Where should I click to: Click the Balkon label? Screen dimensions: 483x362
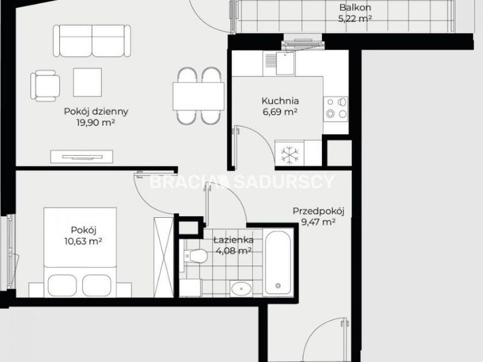[355, 7]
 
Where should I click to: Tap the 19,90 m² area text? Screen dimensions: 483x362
[96, 122]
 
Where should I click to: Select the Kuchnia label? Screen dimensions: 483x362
[280, 101]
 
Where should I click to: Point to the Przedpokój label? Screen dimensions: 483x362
[318, 211]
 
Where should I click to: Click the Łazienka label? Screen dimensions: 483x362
[234, 240]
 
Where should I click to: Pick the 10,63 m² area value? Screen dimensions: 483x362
[83, 241]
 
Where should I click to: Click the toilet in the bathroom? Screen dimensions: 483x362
[195, 256]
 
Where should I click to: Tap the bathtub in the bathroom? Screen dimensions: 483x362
[278, 262]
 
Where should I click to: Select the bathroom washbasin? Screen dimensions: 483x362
[241, 289]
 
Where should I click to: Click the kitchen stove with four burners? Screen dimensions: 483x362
[336, 109]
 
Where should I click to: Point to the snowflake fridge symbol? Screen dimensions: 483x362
[290, 154]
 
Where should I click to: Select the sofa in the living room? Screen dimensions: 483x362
[92, 41]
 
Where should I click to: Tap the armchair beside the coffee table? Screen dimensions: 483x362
[45, 86]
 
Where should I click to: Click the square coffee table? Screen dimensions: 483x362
[88, 82]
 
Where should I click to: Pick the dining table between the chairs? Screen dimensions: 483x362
[199, 97]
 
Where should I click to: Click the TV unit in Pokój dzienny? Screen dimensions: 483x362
[82, 157]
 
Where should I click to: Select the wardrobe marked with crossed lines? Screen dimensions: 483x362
[164, 258]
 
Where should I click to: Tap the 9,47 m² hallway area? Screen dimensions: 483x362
[318, 222]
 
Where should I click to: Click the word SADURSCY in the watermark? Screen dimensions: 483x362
[284, 182]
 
